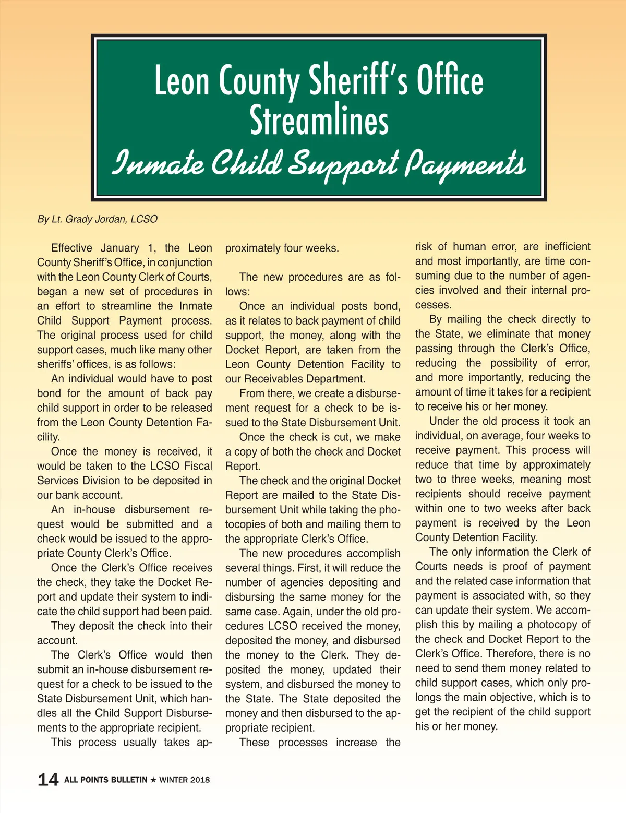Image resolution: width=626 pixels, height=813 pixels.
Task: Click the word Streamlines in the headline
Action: pyautogui.click(x=319, y=120)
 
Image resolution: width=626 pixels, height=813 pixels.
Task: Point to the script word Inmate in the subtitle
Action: pyautogui.click(x=158, y=163)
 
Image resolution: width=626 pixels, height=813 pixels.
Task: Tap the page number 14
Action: pyautogui.click(x=48, y=780)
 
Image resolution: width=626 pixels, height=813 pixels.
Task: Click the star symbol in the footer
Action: pyautogui.click(x=153, y=780)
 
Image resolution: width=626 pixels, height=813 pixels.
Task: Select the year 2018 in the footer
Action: pyautogui.click(x=200, y=780)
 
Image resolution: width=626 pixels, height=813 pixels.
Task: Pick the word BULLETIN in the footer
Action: pyautogui.click(x=127, y=780)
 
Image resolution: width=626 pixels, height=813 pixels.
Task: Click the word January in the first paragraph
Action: pyautogui.click(x=120, y=248)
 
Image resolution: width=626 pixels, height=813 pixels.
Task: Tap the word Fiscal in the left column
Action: pyautogui.click(x=198, y=466)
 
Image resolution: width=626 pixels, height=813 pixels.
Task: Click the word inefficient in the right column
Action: pyautogui.click(x=568, y=246)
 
